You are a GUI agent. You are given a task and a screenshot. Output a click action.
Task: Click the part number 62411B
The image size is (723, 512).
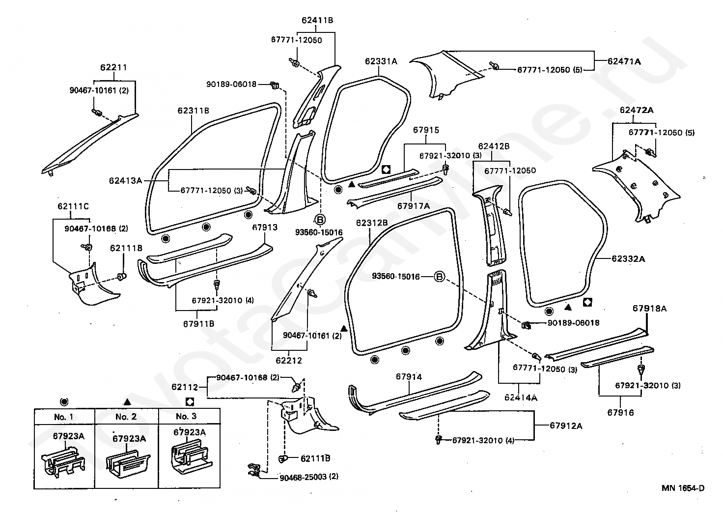point(317,20)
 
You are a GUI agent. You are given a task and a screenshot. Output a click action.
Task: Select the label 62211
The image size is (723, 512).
point(113,67)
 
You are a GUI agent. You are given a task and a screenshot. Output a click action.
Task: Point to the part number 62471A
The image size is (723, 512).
point(624,61)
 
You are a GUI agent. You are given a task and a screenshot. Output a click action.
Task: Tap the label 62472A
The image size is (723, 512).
point(636,110)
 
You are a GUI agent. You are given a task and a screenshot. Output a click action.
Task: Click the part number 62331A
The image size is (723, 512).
point(381,61)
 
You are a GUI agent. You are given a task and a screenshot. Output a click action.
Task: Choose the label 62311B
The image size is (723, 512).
point(193,111)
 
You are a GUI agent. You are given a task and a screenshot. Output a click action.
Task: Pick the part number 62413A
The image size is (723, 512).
point(125,180)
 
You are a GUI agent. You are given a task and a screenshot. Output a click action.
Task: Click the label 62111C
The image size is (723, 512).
point(73,206)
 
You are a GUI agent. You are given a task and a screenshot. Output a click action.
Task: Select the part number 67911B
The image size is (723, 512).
point(198,324)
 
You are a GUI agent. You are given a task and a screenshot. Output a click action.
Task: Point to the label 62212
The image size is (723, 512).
point(288,360)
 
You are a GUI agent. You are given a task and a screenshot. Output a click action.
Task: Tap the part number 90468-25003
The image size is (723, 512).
point(303,477)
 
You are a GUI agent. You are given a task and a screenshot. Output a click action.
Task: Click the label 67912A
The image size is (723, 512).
point(566,426)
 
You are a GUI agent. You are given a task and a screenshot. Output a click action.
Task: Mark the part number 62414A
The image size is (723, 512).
point(521,398)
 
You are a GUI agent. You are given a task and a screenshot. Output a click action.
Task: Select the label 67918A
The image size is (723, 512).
point(649,309)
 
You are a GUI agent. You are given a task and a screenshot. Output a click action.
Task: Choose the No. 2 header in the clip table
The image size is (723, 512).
point(126,417)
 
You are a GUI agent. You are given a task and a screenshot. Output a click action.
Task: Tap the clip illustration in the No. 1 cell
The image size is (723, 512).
point(63,462)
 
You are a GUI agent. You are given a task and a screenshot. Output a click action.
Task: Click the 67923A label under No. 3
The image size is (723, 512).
point(189,432)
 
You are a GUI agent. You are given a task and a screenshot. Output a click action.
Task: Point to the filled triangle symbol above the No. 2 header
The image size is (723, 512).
point(127,402)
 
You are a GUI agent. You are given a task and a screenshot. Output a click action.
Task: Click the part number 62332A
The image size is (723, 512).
point(628,259)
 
